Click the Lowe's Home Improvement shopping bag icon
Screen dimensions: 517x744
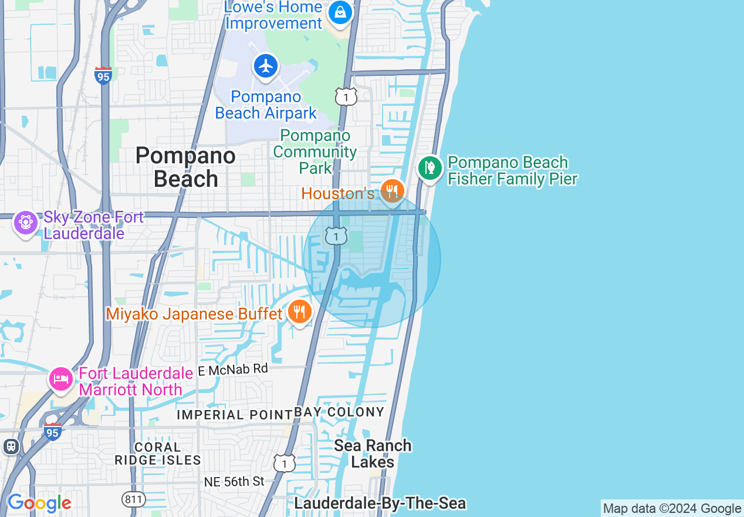click(x=340, y=12)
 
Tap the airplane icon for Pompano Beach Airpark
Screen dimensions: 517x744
click(x=266, y=66)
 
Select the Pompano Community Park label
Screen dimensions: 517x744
click(x=315, y=152)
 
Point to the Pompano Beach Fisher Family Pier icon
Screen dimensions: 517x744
click(x=430, y=169)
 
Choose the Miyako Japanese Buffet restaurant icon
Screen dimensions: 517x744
click(x=300, y=312)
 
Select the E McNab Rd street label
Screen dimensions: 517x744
click(x=233, y=370)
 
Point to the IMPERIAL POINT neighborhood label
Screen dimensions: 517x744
click(x=235, y=415)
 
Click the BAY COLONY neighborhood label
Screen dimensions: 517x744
click(x=339, y=412)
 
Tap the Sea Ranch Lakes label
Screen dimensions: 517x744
click(x=373, y=454)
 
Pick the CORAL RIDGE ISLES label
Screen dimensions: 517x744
click(x=158, y=454)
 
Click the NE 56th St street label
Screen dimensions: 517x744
click(x=234, y=482)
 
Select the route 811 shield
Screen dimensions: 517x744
click(x=134, y=499)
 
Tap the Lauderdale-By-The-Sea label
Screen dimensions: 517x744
click(x=380, y=503)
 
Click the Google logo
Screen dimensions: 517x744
click(x=39, y=503)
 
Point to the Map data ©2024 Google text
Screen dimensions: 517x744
click(x=672, y=509)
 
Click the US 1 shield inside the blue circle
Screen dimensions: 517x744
click(x=336, y=237)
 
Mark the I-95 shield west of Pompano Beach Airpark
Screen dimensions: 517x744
click(x=103, y=76)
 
